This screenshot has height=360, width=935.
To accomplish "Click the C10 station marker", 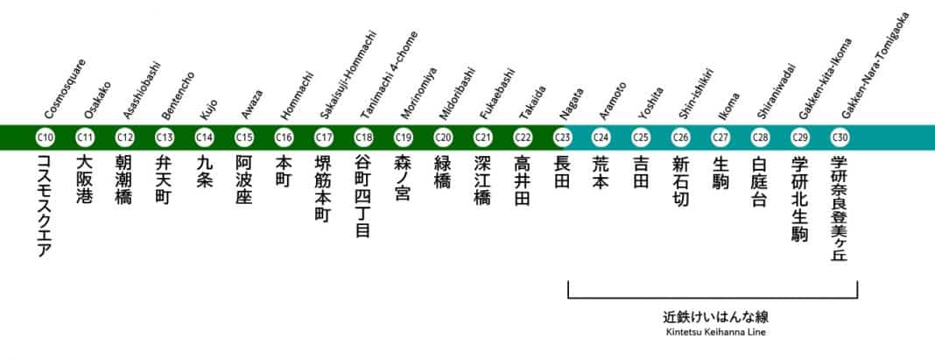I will click(46, 137).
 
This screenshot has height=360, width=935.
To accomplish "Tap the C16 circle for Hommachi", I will click(284, 137).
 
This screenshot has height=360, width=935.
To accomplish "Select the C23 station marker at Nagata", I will click(562, 137).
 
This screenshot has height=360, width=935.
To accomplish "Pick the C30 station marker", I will click(840, 137).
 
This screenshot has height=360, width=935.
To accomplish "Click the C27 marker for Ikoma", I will click(721, 137).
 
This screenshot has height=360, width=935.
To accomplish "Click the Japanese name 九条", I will click(205, 173).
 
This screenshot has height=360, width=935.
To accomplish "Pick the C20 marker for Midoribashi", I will click(443, 137).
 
